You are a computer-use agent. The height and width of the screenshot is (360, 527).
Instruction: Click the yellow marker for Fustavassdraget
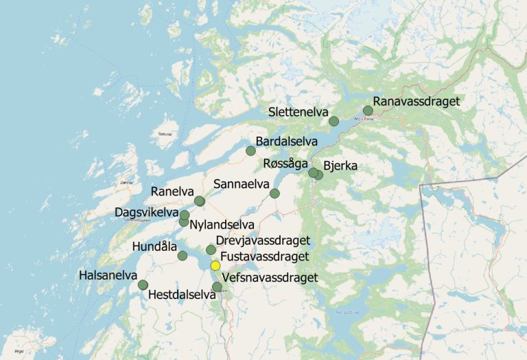tap(215, 265)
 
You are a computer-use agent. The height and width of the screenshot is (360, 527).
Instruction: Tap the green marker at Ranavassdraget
tap(368, 110)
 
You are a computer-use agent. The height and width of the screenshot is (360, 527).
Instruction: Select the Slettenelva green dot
tap(333, 121)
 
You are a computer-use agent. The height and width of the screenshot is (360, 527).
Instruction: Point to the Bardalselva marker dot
tap(250, 151)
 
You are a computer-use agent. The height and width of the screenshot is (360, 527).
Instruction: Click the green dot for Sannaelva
tap(274, 193)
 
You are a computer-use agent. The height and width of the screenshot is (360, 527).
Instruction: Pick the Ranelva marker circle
tap(199, 201)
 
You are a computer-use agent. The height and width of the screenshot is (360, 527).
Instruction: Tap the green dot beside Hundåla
tap(183, 256)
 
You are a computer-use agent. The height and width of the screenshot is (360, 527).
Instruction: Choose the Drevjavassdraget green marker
tap(211, 250)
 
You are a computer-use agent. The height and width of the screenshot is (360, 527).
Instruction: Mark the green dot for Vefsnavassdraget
tap(217, 287)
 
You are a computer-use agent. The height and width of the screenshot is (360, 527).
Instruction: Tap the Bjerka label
tap(340, 165)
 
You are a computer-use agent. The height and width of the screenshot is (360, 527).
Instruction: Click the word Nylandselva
tap(222, 224)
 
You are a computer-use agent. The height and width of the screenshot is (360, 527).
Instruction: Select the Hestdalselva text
tap(182, 296)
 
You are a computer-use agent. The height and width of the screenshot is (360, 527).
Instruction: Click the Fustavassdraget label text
tap(265, 258)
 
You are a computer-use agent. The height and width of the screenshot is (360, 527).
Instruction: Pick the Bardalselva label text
tap(286, 141)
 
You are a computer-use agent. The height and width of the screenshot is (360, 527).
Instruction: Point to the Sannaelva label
tap(241, 184)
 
